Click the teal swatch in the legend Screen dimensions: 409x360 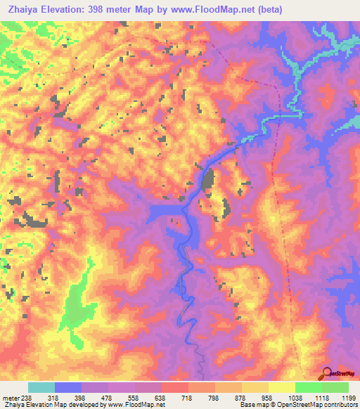(x=41, y=387)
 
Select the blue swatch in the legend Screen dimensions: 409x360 (x=68, y=387)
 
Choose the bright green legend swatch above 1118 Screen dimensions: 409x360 (x=308, y=387)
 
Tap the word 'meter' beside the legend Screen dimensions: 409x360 (x=9, y=396)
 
